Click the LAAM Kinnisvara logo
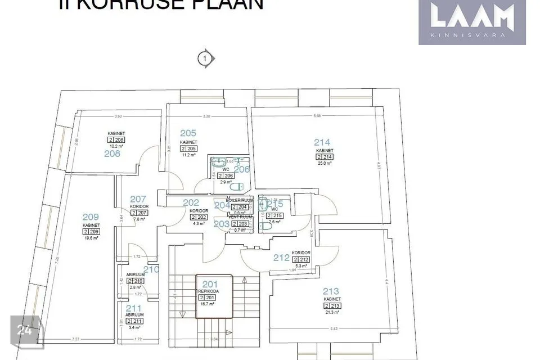pyautogui.click(x=472, y=22)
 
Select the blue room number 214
pyautogui.click(x=322, y=142)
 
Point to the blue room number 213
pyautogui.click(x=331, y=291)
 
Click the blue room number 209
pyautogui.click(x=91, y=217)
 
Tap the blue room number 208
pyautogui.click(x=112, y=153)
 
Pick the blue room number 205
pyautogui.click(x=188, y=133)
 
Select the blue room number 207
pyautogui.click(x=138, y=199)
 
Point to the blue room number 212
pyautogui.click(x=281, y=258)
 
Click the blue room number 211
pyautogui.click(x=133, y=308)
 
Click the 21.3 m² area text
pyautogui.click(x=332, y=312)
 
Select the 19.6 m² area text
pyautogui.click(x=91, y=238)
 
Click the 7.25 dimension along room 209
pyautogui.click(x=57, y=260)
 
